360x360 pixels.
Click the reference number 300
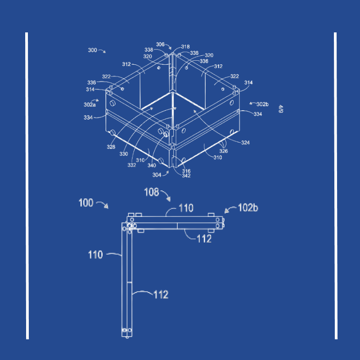point(93,50)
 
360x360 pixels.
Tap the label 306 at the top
point(160,44)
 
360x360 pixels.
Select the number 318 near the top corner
point(185,47)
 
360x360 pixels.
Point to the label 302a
point(90,105)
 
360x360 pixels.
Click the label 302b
point(262,104)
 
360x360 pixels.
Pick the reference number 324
point(245,143)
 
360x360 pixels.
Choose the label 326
point(223,151)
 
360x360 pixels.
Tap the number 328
point(111,147)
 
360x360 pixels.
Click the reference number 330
point(123,154)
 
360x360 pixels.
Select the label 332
point(132,165)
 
